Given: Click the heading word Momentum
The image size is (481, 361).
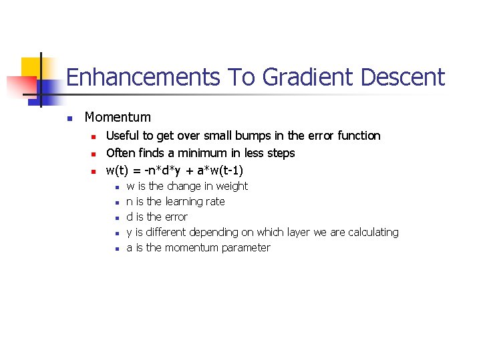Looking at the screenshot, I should click(x=118, y=118).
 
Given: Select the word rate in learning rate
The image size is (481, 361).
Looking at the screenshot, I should click(x=215, y=202).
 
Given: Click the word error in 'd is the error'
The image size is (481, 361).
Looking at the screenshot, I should click(x=176, y=217).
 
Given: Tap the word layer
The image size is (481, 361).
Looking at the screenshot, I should click(x=298, y=233).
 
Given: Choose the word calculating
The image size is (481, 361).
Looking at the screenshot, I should click(x=373, y=233).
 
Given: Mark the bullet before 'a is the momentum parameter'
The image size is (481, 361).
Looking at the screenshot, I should click(x=116, y=249).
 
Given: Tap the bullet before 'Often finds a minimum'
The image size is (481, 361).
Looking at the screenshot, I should click(x=96, y=154).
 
